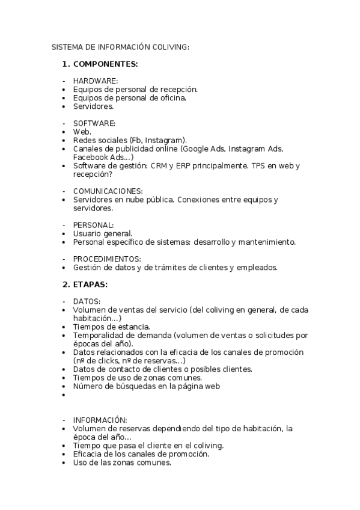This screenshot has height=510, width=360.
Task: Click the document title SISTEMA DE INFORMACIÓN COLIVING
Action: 120,46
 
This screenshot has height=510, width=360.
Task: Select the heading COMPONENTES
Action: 106,63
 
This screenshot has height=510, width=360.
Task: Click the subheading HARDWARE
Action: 96,81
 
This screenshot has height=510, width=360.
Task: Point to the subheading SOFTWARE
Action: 94,123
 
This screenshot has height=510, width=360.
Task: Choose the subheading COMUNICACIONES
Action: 108,191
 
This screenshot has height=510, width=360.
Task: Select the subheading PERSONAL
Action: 93,224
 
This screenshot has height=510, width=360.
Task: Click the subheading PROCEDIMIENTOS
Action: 107,259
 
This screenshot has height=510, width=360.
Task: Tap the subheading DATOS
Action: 87,301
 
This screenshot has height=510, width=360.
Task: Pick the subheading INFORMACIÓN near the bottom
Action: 100,420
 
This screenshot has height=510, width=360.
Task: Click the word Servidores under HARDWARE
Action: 93,106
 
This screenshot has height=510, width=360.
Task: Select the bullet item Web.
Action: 82,131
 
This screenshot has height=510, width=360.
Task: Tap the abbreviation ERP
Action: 180,165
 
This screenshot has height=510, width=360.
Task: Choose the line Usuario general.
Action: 103,233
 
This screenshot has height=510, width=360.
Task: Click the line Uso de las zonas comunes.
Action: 122,462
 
